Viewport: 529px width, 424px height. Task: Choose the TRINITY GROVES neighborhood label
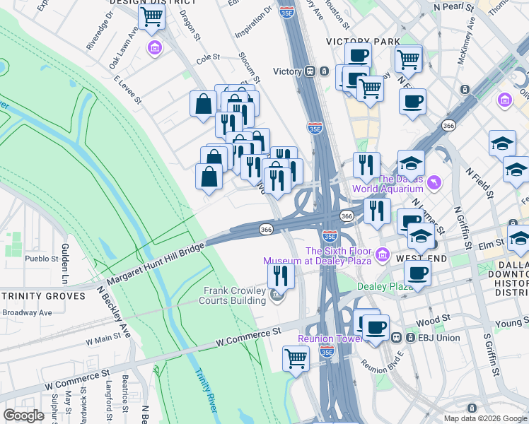[x=42, y=296]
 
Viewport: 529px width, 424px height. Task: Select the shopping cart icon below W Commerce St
[x=296, y=358]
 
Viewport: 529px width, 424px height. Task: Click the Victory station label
[x=288, y=71]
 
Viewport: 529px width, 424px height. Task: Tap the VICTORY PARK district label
[x=363, y=42]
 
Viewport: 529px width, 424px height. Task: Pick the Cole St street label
[x=209, y=59]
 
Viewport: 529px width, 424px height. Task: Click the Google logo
[x=23, y=416]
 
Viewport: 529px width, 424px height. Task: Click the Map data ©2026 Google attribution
[x=484, y=418]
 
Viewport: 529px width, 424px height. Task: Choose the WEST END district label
[x=421, y=259]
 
